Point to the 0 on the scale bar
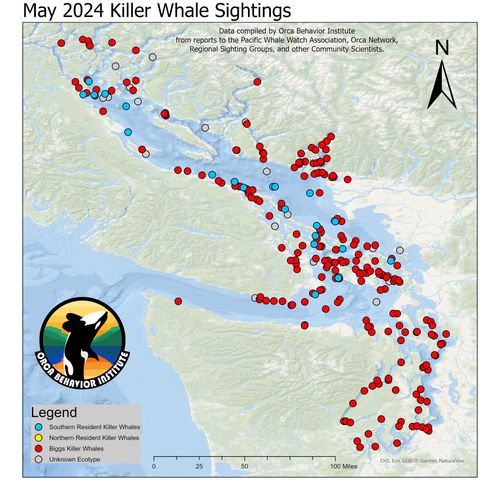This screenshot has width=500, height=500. point(154,466)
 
